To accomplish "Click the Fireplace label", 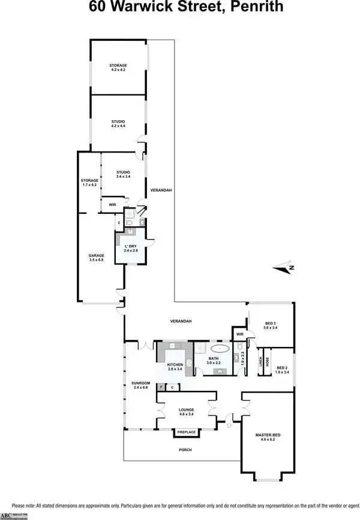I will (x=186, y=432).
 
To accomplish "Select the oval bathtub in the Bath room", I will (x=220, y=348).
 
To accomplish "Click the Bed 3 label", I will (x=271, y=325).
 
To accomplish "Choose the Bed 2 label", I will (x=281, y=369).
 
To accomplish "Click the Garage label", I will (x=97, y=257).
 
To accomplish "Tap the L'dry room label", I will (x=131, y=247).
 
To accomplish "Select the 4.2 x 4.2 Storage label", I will (x=118, y=67).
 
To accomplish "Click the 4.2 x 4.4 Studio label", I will (x=118, y=124).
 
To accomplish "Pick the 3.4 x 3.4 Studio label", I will (x=124, y=175).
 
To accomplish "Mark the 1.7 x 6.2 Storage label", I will (x=89, y=183).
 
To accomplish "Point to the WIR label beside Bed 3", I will (x=239, y=334).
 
